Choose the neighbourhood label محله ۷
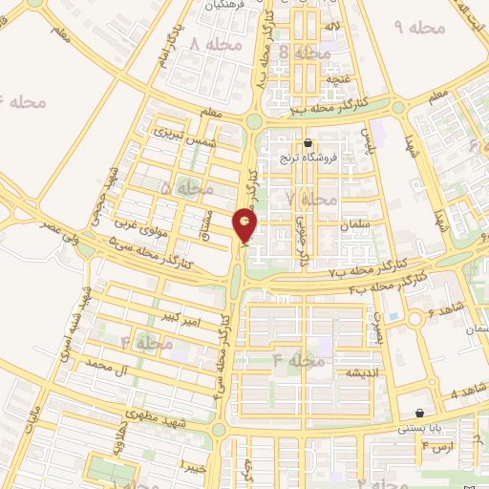click(311, 199)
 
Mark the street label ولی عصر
click(58, 225)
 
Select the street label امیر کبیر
click(180, 316)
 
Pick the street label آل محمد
click(106, 366)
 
